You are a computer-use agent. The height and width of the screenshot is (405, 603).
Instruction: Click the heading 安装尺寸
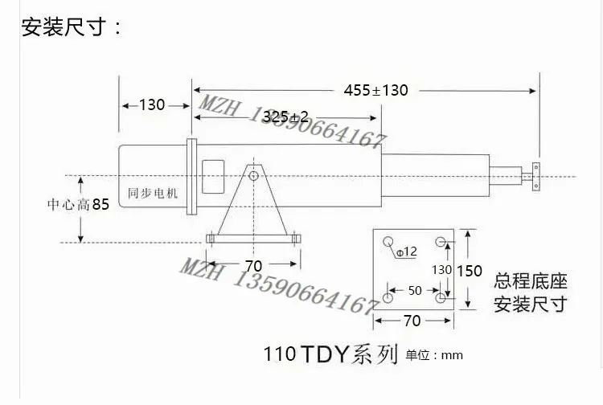pyautogui.click(x=64, y=27)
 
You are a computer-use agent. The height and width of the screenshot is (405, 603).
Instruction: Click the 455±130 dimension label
pyautogui.click(x=375, y=90)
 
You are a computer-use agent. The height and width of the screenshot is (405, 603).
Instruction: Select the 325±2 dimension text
pyautogui.click(x=285, y=117)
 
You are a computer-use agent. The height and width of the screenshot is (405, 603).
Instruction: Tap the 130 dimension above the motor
pyautogui.click(x=152, y=105)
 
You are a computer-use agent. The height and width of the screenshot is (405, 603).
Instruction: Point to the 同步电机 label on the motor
pyautogui.click(x=153, y=193)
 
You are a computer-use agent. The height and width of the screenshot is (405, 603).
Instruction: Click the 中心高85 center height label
pyautogui.click(x=79, y=204)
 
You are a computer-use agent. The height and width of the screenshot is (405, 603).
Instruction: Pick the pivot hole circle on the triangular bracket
pyautogui.click(x=253, y=176)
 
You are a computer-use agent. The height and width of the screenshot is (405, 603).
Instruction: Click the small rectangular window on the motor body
pyautogui.click(x=213, y=177)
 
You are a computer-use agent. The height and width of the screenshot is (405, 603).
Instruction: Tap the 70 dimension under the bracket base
pyautogui.click(x=253, y=266)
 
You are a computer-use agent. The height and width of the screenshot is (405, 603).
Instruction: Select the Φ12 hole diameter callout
pyautogui.click(x=406, y=252)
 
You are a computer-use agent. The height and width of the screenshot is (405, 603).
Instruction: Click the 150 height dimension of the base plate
pyautogui.click(x=470, y=272)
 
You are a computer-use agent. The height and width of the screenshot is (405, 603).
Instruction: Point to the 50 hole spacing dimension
pyautogui.click(x=415, y=291)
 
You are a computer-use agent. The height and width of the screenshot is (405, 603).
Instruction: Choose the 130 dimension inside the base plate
pyautogui.click(x=441, y=270)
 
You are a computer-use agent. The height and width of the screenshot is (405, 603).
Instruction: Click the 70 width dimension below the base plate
pyautogui.click(x=412, y=321)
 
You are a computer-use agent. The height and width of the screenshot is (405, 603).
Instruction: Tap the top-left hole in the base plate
pyautogui.click(x=388, y=242)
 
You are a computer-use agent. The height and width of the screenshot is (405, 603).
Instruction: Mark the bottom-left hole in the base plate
pyautogui.click(x=388, y=298)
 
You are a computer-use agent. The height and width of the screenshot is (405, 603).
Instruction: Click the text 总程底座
pyautogui.click(x=531, y=281)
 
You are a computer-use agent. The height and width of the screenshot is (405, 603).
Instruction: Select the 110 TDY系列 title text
pyautogui.click(x=330, y=354)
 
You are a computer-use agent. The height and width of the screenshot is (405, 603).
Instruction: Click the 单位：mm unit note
pyautogui.click(x=434, y=355)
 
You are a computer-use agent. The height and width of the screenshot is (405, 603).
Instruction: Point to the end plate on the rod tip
pyautogui.click(x=535, y=177)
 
